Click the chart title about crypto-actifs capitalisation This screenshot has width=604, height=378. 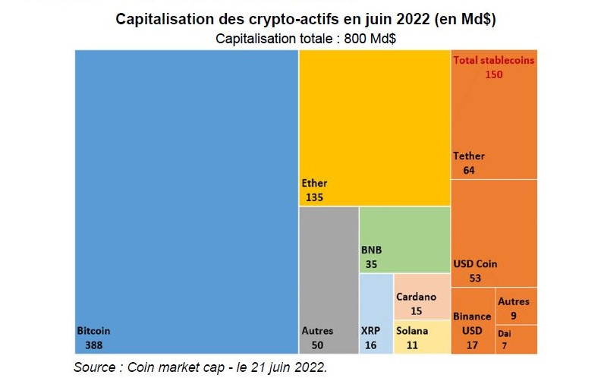pos(306,20)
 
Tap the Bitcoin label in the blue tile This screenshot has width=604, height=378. pos(93,331)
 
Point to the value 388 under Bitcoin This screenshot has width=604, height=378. pos(95,345)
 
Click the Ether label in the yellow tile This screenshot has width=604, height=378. pos(314,183)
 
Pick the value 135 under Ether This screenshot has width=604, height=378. pos(314,197)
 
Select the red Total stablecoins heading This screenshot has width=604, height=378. pos(493,60)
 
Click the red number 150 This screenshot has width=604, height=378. pos(494,74)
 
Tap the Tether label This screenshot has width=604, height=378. pos(469,156)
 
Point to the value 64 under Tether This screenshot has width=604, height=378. pos(468,170)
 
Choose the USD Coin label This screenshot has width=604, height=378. pos(475,264)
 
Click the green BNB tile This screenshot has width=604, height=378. pos(404,239)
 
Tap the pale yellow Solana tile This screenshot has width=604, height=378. pos(422,338)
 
